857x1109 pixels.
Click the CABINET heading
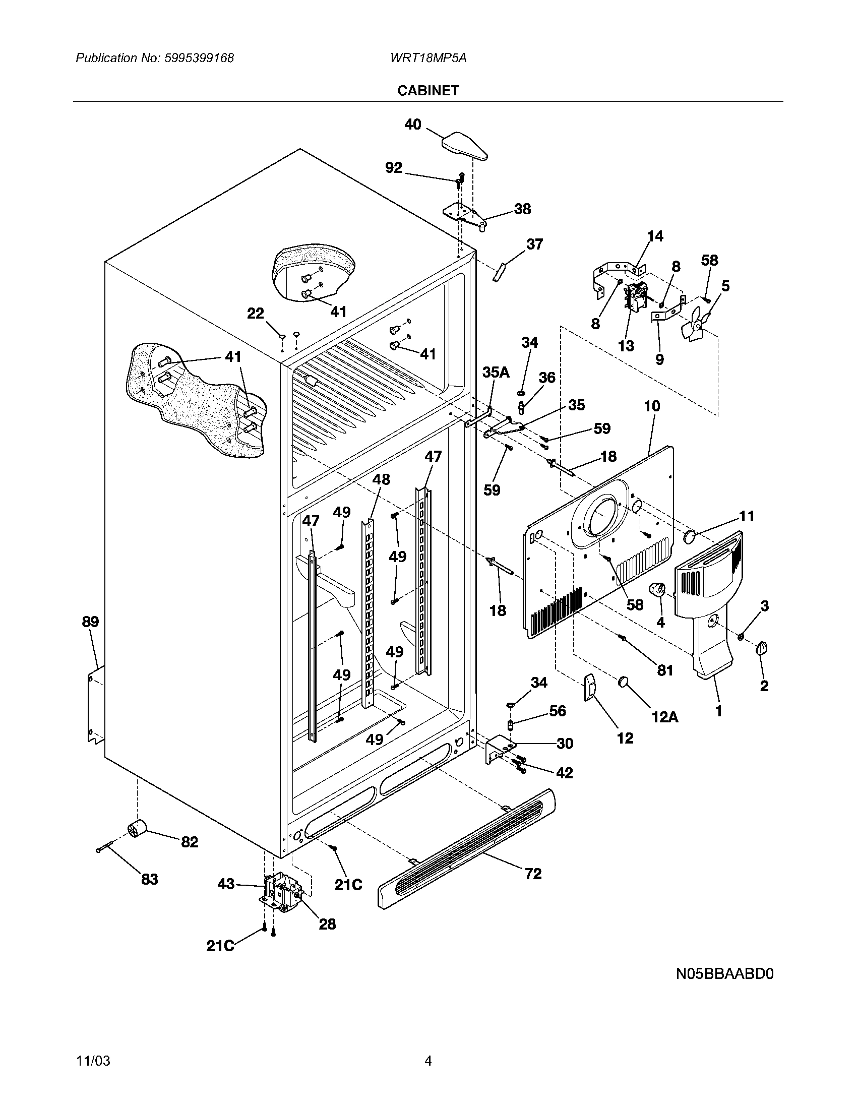(428, 90)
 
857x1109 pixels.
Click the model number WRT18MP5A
(428, 58)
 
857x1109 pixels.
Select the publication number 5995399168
(199, 58)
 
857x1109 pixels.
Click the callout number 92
(394, 167)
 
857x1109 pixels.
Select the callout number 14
(655, 236)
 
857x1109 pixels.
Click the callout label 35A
(496, 372)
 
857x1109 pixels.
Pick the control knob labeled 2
(762, 648)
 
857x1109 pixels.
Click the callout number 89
(90, 622)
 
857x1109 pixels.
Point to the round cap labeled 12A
(624, 682)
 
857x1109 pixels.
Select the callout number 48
(381, 479)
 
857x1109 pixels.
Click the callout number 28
(327, 924)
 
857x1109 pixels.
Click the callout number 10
(652, 406)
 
